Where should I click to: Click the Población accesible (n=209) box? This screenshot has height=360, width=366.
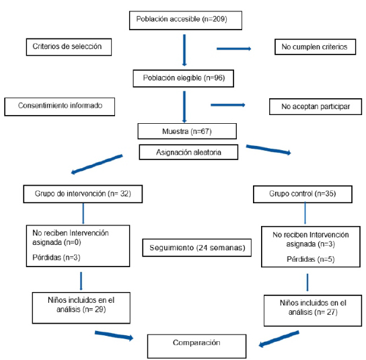(186, 20)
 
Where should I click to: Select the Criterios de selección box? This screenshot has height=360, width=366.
(69, 47)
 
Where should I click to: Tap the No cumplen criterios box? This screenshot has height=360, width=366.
(315, 47)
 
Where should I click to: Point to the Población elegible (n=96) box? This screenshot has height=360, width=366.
(184, 79)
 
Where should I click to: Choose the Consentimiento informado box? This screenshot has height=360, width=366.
(60, 107)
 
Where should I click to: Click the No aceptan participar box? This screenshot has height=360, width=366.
(316, 107)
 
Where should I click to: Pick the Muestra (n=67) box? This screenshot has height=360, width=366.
(187, 131)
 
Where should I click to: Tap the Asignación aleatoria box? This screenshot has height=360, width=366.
(188, 152)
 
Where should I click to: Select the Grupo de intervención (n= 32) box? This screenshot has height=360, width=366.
(83, 194)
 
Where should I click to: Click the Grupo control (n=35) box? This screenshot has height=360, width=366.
(303, 194)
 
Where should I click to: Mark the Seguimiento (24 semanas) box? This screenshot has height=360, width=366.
(197, 248)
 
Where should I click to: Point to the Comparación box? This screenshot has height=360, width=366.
(196, 347)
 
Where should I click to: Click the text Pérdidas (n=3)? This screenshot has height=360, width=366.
(57, 258)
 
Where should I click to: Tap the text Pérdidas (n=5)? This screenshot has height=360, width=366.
(311, 259)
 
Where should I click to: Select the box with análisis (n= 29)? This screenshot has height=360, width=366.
(81, 308)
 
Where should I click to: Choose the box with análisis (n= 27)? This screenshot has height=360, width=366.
(313, 310)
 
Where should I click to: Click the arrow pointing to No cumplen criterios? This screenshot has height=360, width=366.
(234, 49)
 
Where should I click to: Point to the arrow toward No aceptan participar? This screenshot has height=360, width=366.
(228, 105)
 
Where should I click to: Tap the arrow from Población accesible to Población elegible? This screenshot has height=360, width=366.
(184, 50)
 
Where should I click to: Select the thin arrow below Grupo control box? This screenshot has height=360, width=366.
(305, 213)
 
